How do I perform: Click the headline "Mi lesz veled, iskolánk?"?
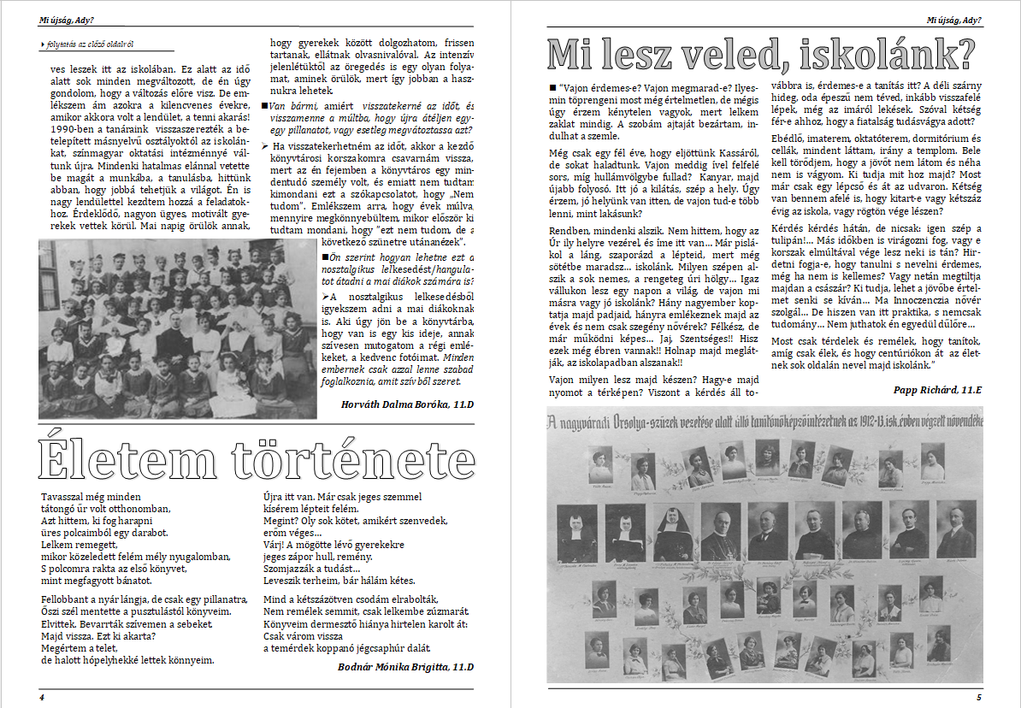point(761,55)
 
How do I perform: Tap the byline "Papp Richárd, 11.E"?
point(935,388)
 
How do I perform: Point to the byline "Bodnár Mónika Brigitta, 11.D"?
point(405,666)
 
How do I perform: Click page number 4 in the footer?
point(41,697)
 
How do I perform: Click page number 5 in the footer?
point(979,697)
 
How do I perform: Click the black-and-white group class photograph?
point(177,327)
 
